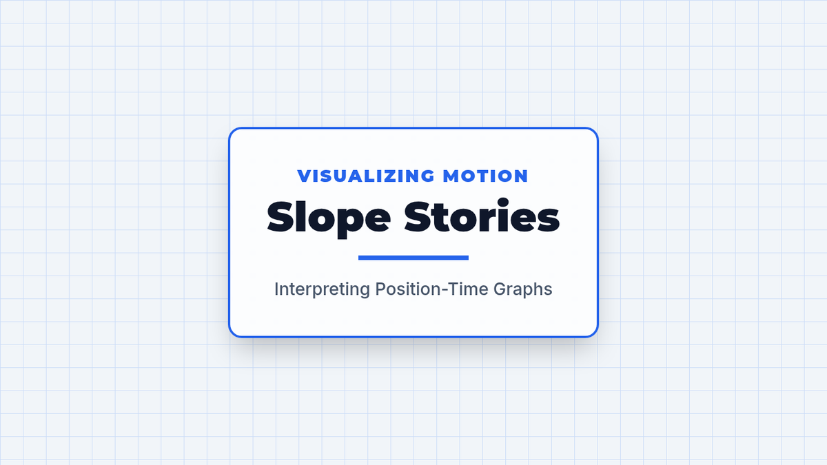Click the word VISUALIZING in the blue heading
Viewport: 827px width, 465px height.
point(366,176)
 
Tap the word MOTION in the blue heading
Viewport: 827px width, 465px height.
point(485,176)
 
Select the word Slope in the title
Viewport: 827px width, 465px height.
point(329,219)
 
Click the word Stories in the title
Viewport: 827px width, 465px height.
point(482,216)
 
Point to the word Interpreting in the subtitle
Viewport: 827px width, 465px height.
point(322,289)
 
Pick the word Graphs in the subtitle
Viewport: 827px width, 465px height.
point(523,289)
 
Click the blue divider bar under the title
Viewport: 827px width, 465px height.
point(413,258)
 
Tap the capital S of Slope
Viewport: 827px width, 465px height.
point(281,216)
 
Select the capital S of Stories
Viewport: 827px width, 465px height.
point(418,216)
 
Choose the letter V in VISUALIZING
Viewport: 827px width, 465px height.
point(305,176)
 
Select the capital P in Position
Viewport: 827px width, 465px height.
point(380,289)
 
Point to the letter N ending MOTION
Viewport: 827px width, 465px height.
point(521,176)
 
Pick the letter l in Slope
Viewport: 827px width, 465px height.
point(302,216)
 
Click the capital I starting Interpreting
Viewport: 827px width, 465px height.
point(276,289)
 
